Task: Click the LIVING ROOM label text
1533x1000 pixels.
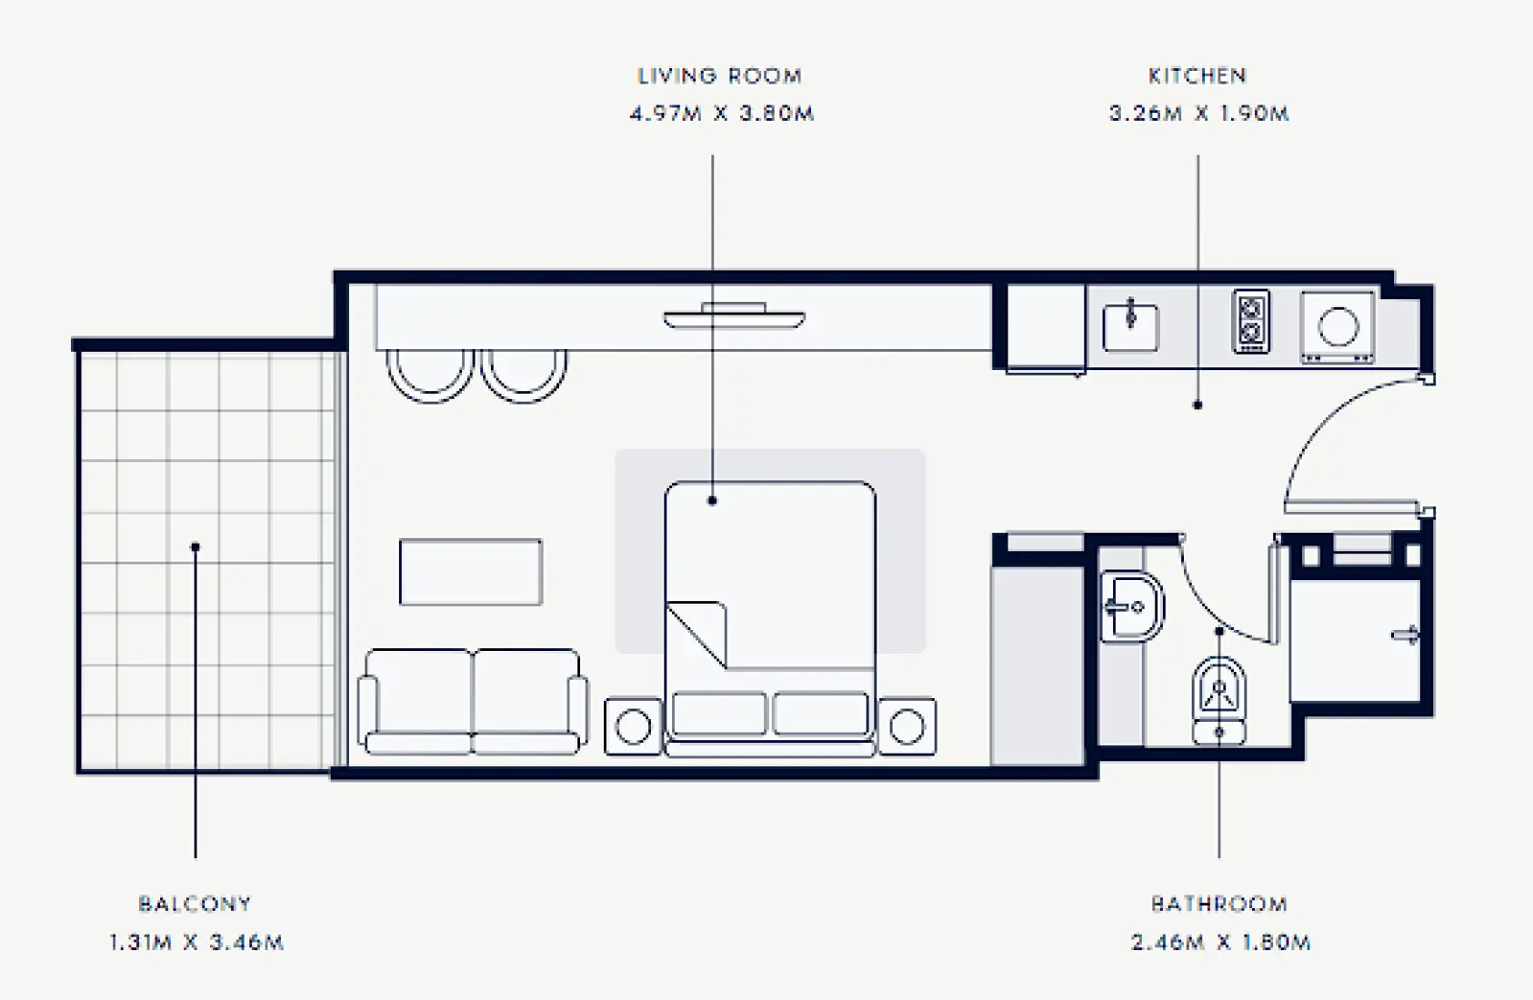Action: click(719, 76)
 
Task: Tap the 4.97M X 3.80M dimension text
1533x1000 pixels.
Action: click(721, 115)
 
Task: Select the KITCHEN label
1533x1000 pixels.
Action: click(1197, 76)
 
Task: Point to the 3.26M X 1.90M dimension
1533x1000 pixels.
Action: click(1198, 115)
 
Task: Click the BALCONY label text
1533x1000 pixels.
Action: click(195, 905)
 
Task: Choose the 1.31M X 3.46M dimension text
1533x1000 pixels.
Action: click(196, 943)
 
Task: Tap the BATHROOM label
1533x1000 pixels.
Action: click(1218, 905)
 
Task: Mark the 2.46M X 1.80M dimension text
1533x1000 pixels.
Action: click(1220, 943)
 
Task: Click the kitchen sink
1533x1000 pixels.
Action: click(1130, 327)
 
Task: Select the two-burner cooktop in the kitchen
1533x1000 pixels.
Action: click(1250, 321)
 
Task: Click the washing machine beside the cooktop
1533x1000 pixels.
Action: click(1337, 326)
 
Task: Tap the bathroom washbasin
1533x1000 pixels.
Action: click(1130, 606)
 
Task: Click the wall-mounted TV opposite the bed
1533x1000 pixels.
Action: click(734, 316)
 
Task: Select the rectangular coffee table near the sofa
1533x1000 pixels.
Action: click(470, 572)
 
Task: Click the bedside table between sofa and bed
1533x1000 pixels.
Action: click(633, 726)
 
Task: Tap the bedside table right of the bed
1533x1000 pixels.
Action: click(907, 726)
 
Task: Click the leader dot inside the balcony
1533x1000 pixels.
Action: click(195, 547)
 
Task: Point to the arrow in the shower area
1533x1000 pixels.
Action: click(1406, 635)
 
